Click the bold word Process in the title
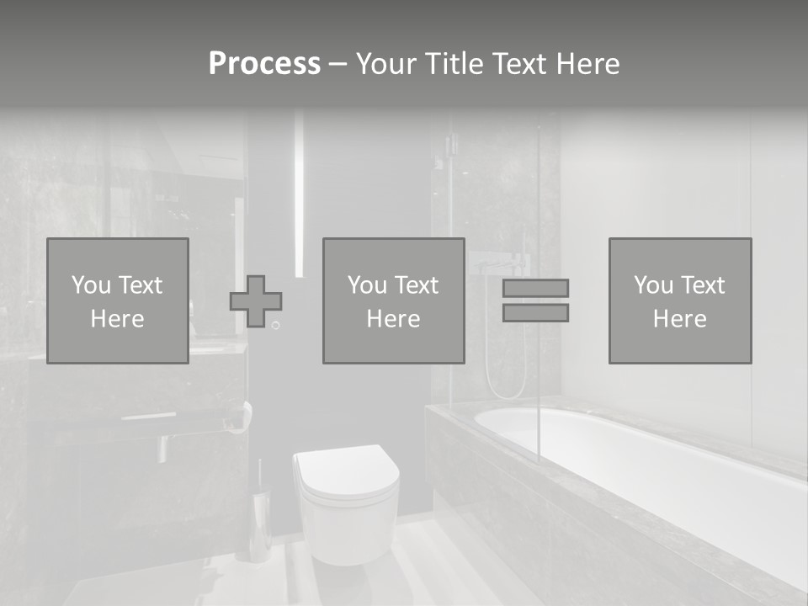coord(264,64)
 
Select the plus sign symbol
coord(256,301)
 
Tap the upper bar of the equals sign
coord(535,288)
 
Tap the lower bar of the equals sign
coord(535,312)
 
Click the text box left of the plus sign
coord(118,301)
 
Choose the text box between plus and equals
coord(393,301)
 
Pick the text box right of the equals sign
coord(679,301)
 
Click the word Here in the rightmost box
coord(679,319)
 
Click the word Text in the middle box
coord(417,285)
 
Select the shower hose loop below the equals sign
coord(505,370)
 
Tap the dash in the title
coord(338,64)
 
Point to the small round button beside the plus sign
coord(275,325)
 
